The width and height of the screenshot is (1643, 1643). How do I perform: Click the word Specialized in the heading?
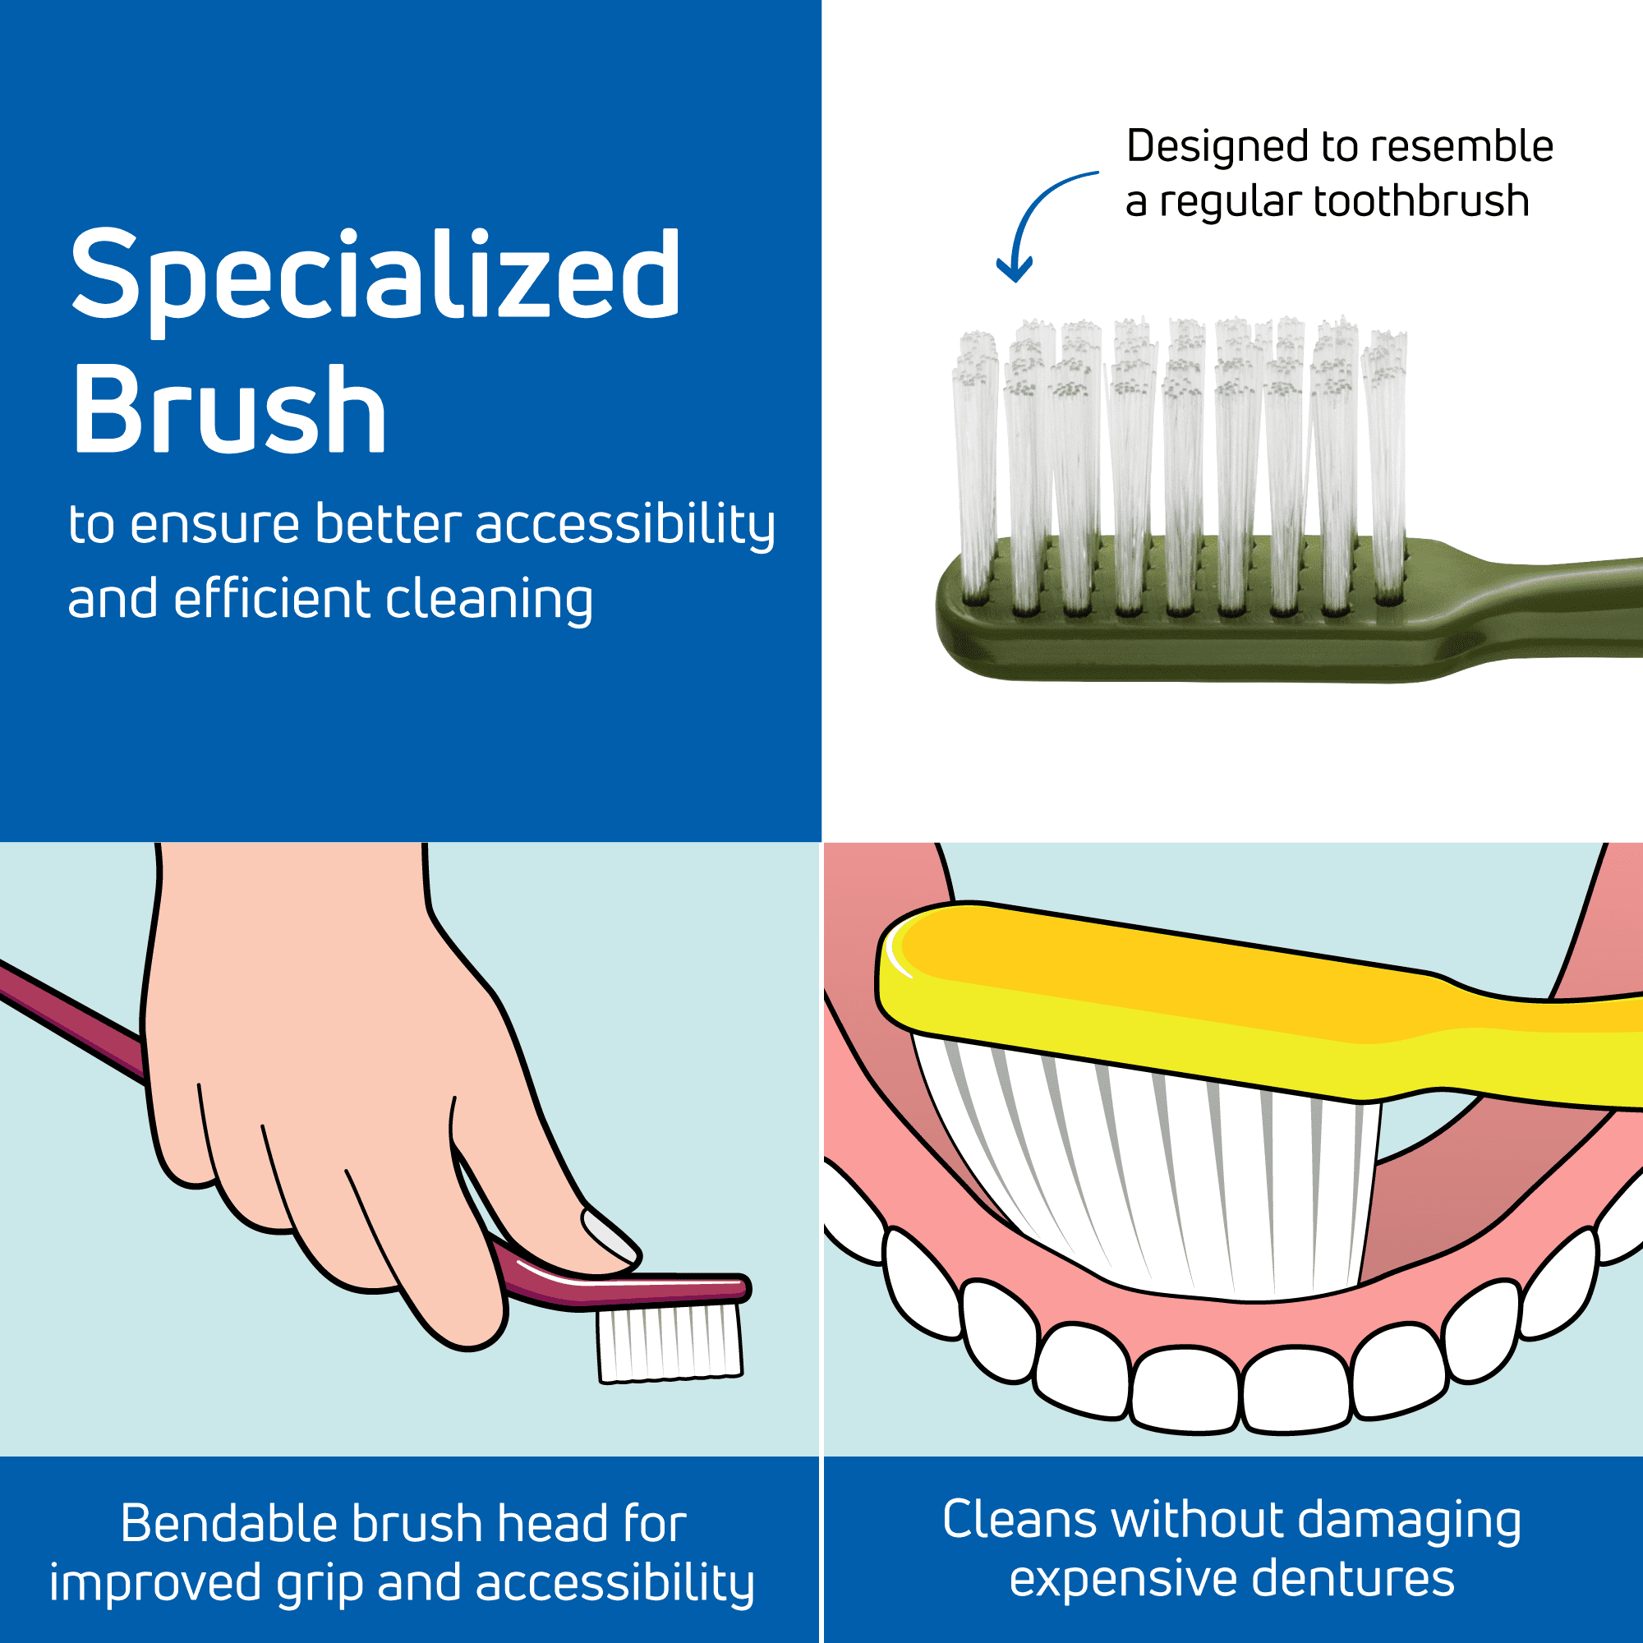pos(375,280)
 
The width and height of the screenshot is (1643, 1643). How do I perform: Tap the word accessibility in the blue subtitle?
pos(625,526)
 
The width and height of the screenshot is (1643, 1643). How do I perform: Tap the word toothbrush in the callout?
pos(1421,201)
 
